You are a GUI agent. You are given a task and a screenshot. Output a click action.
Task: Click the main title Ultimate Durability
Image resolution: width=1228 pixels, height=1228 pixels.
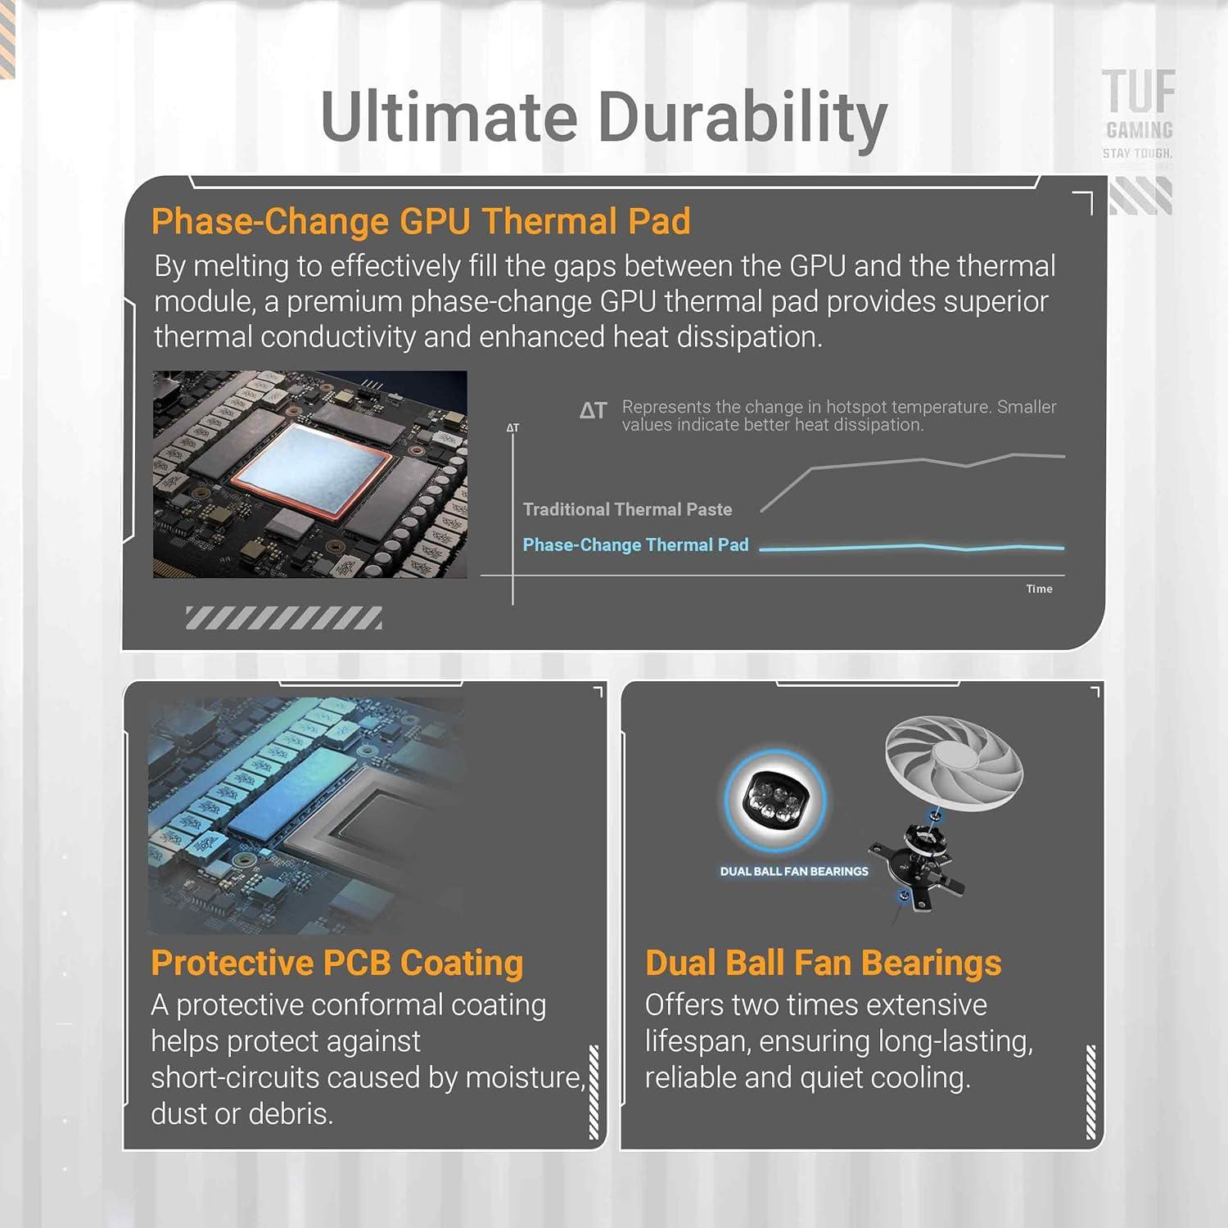pos(603,116)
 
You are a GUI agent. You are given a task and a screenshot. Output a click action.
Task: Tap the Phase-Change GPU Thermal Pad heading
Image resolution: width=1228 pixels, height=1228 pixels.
pos(421,221)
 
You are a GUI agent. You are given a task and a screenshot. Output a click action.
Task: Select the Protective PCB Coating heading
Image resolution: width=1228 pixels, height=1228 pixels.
pos(336,963)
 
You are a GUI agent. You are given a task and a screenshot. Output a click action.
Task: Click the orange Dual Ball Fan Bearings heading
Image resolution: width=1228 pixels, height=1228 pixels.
pos(823,963)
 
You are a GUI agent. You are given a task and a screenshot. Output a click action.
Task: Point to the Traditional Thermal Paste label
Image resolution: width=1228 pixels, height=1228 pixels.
pos(627,509)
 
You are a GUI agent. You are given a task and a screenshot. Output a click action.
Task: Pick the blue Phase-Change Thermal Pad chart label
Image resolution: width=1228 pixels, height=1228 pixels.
pos(635,545)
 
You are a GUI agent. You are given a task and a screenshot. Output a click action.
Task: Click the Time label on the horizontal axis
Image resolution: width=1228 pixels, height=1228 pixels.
pos(1039,589)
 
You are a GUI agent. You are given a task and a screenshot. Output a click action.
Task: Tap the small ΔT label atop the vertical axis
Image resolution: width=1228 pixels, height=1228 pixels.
pos(512,427)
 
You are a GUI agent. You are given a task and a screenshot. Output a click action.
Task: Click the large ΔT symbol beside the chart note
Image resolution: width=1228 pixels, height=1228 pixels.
pos(594,410)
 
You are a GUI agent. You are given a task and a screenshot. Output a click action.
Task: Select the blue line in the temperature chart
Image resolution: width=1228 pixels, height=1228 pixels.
pos(912,547)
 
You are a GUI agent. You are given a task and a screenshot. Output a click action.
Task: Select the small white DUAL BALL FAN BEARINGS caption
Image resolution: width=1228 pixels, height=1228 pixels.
pos(794,871)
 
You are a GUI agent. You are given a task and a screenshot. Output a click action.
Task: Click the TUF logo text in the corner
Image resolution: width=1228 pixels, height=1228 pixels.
pos(1138,92)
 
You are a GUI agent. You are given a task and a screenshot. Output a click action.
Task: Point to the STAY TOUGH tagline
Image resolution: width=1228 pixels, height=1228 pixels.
pos(1137,153)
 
